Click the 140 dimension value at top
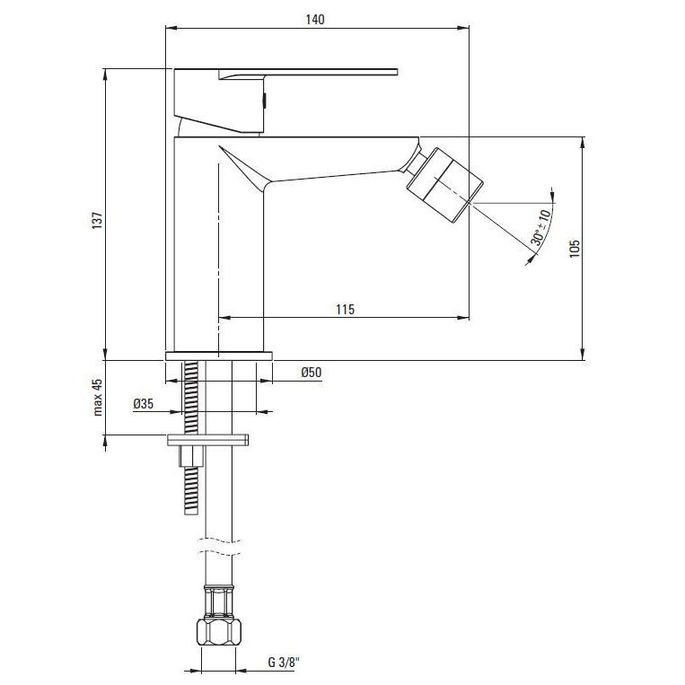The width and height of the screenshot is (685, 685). [x=315, y=20]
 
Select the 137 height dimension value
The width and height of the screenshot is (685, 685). [x=97, y=220]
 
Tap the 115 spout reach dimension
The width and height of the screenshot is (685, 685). [x=345, y=310]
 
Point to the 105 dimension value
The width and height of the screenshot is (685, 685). [x=575, y=248]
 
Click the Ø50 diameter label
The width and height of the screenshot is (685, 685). [x=312, y=373]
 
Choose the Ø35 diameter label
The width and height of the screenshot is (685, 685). [x=144, y=404]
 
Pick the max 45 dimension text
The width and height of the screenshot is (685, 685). [x=98, y=397]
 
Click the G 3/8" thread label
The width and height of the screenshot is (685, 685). [x=284, y=663]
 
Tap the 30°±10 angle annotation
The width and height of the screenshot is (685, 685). [x=540, y=228]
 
